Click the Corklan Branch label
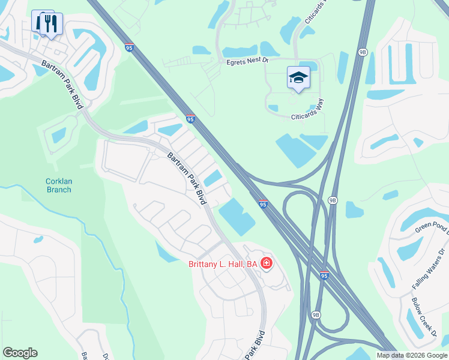coord(58,185)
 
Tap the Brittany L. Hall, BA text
coord(223,263)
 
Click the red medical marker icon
coord(267,263)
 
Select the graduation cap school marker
coord(298,78)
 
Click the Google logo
coord(20,353)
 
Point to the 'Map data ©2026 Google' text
coord(412,355)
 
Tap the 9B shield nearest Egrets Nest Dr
coord(362,52)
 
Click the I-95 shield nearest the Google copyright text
coord(324,276)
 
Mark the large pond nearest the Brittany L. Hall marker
coord(237,217)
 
